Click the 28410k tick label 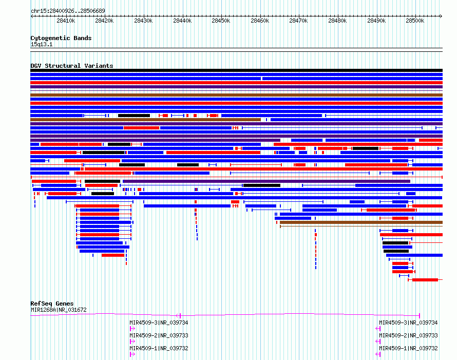pos(66,21)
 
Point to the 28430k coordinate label pos(143,21)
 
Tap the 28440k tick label pos(182,21)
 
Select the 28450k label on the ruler pos(221,21)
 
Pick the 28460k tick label pos(260,21)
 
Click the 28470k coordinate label pos(298,21)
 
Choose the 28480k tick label pos(337,21)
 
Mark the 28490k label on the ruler pos(376,21)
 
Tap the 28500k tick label pos(415,21)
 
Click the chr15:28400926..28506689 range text pos(68,11)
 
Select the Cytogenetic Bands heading pos(61,38)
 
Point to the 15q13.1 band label pos(42,44)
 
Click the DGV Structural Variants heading pos(72,66)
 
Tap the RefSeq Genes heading pos(52,304)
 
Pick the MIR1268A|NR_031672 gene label pos(59,310)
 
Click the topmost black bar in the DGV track pos(236,70)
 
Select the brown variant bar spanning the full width pos(236,95)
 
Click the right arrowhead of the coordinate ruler pos(441,16)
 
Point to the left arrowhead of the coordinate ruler pos(32,16)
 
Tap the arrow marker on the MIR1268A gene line pos(178,315)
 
